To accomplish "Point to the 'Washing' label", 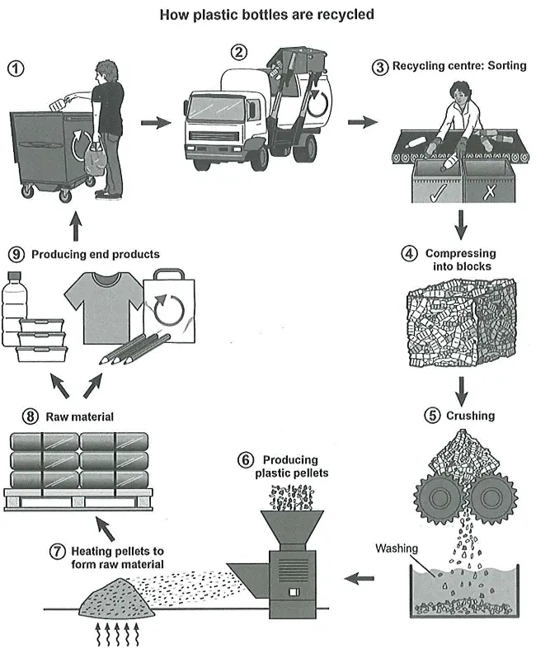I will [397, 548].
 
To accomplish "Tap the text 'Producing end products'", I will [95, 254].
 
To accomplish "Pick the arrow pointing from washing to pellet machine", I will [359, 578].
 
